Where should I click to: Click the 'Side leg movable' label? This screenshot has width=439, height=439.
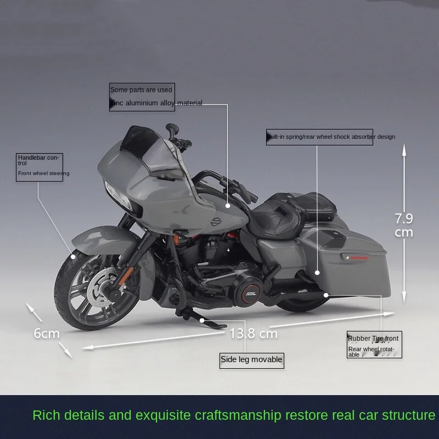point(252,360)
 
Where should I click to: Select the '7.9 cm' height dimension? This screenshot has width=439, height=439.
point(404,225)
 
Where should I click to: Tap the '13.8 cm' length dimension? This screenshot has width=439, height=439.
point(253,333)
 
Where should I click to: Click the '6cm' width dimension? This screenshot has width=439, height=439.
point(46,333)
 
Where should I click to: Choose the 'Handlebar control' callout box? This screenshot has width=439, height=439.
point(40,166)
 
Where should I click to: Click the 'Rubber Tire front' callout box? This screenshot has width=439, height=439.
point(374,345)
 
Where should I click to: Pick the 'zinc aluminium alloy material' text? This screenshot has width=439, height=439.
point(157,103)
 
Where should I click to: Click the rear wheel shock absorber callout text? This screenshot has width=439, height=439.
point(330,137)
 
